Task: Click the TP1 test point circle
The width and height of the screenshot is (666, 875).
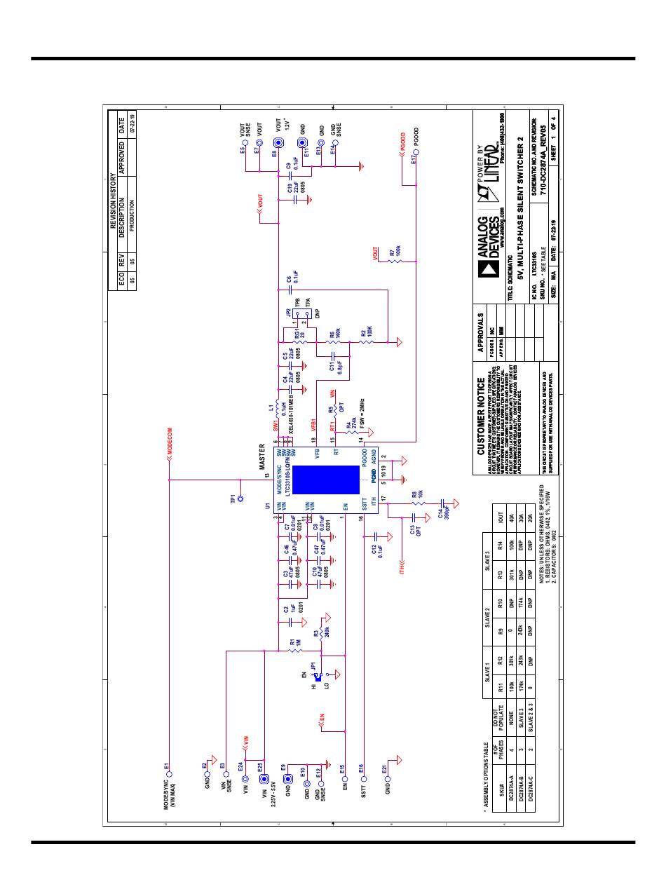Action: pyautogui.click(x=240, y=499)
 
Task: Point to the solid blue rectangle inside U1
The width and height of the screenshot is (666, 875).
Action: pyautogui.click(x=313, y=478)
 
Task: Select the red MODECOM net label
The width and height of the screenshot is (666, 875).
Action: pyautogui.click(x=169, y=454)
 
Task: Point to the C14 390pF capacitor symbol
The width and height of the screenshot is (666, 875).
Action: pyautogui.click(x=443, y=503)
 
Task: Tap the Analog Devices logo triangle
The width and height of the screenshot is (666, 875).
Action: pyautogui.click(x=486, y=269)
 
